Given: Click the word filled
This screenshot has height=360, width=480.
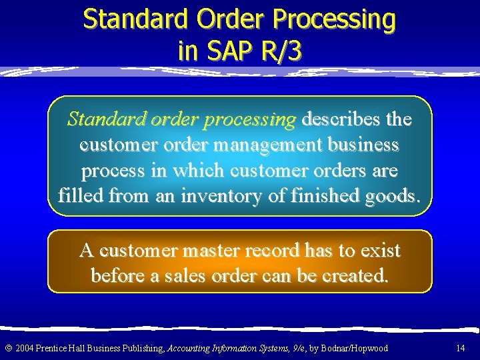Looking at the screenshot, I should click(x=81, y=196).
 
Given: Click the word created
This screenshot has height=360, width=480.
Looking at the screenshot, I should click(x=353, y=275).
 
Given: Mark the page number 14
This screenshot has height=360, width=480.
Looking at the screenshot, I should click(x=460, y=348).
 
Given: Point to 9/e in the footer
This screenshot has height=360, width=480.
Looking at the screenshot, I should click(x=298, y=348).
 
